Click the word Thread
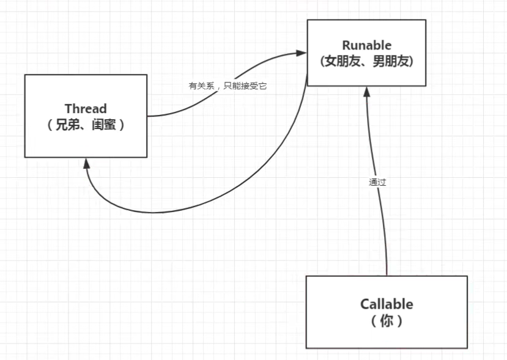86,109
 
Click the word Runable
366,46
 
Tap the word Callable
386,304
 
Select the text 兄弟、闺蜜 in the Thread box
86,125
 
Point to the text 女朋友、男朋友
366,61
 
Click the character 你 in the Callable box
387,320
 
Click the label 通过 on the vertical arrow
377,182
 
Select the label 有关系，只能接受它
228,86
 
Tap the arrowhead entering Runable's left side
301,53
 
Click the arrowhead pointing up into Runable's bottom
366,91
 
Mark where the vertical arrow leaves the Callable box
387,274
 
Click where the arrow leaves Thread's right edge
149,116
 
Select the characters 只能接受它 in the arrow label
246,86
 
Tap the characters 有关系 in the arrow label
201,86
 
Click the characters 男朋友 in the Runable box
390,61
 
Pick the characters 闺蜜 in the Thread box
103,125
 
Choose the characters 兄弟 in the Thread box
67,125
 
